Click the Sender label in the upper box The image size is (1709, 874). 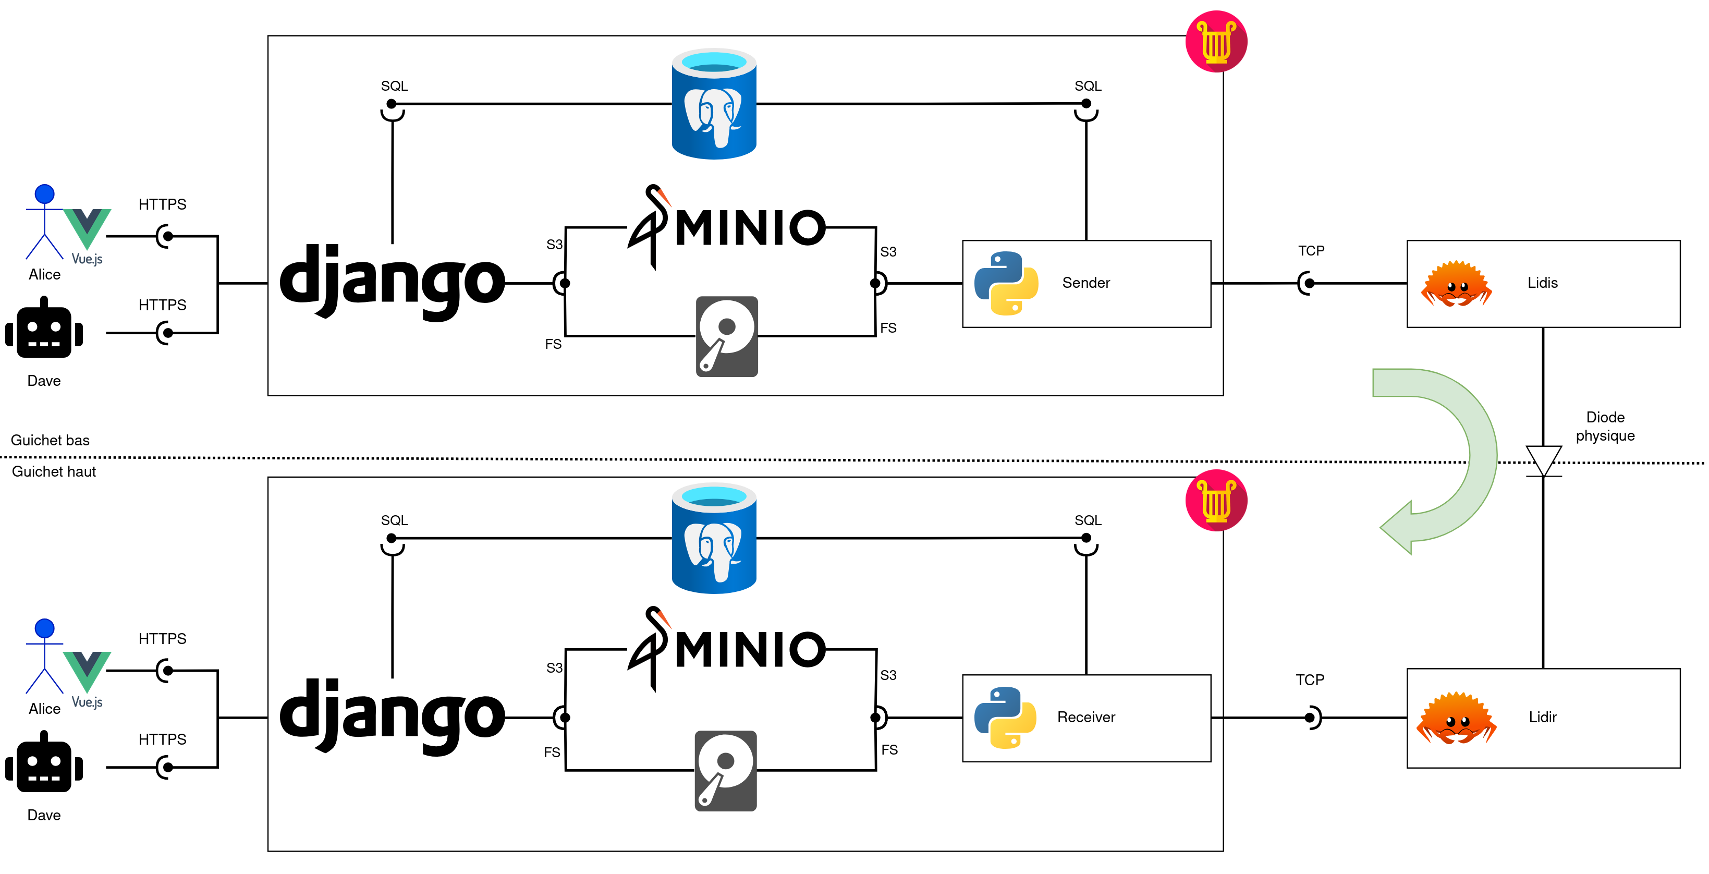coord(1085,283)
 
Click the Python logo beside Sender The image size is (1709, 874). coord(1006,283)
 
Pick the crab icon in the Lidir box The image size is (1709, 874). coord(1456,718)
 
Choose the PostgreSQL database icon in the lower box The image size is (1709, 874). coord(714,538)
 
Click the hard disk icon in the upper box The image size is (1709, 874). coord(726,336)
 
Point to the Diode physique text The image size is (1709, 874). coord(1604,426)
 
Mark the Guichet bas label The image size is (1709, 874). coord(50,440)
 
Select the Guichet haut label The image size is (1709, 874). coord(54,471)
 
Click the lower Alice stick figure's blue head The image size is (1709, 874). coord(44,628)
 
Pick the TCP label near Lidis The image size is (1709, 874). coord(1310,251)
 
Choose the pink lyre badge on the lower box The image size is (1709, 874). coord(1215,500)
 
